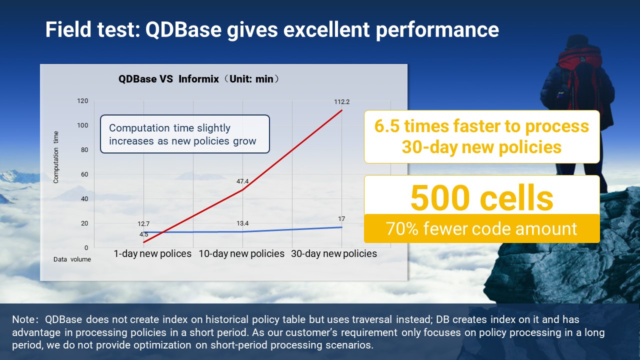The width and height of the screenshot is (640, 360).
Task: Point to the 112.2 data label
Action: tap(342, 102)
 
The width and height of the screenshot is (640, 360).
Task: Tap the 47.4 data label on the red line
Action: tap(242, 181)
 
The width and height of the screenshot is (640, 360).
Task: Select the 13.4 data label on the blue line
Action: tap(242, 223)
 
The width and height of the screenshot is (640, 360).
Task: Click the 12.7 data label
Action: tap(143, 223)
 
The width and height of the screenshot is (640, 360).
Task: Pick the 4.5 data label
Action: tap(143, 234)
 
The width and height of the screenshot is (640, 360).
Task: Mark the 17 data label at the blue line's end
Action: tap(341, 219)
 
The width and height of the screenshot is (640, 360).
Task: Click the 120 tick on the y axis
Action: tap(82, 101)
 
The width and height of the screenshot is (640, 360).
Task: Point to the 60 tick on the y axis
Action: tap(83, 174)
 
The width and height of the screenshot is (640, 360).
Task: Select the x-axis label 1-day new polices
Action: tap(152, 254)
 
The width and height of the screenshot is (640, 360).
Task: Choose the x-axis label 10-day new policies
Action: tap(241, 254)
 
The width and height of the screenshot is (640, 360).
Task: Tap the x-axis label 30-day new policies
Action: tap(334, 254)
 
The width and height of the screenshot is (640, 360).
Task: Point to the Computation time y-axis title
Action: tap(56, 157)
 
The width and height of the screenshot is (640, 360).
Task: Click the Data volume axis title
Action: tap(72, 259)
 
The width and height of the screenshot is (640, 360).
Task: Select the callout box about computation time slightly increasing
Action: tap(185, 134)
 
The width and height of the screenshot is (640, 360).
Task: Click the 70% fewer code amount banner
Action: tap(481, 228)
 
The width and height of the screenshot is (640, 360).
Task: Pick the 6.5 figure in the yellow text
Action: tap(386, 126)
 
